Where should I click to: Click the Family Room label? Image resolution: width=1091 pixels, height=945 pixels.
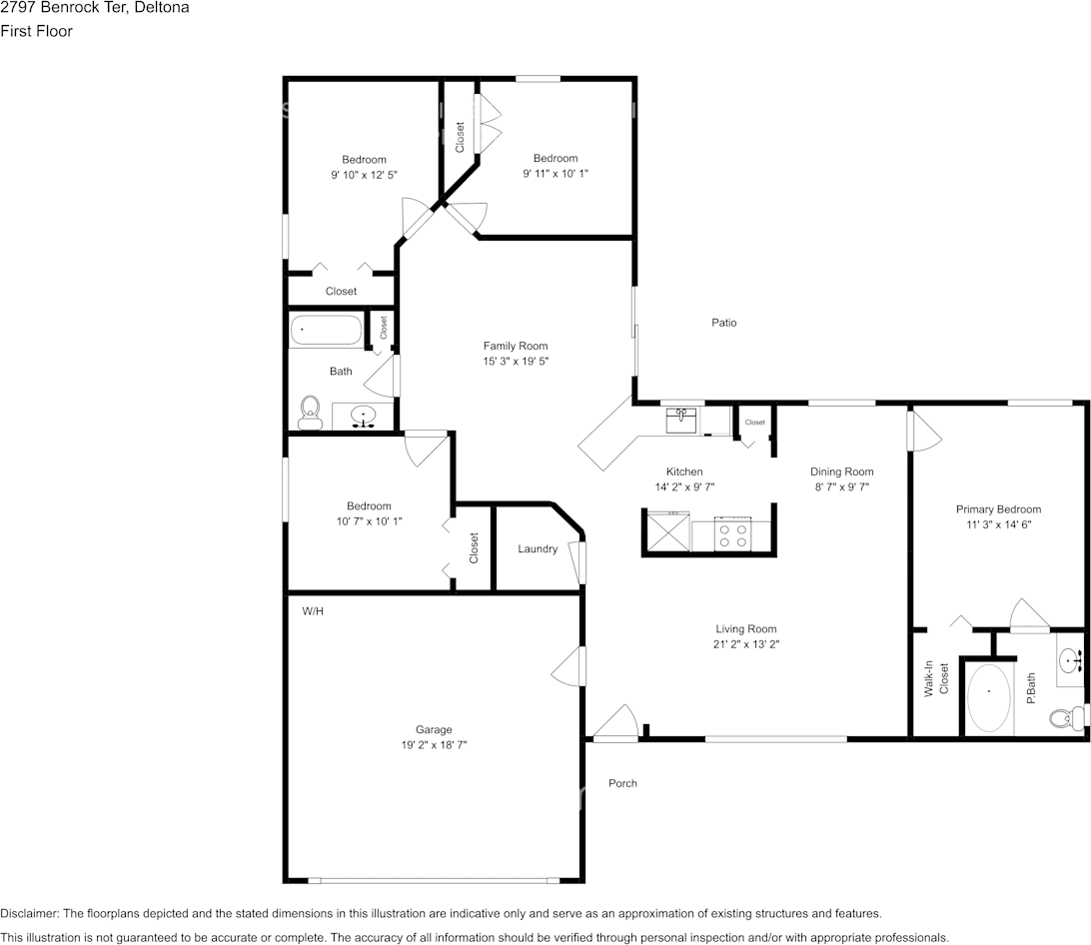(x=516, y=346)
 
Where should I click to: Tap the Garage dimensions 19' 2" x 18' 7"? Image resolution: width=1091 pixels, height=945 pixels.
(x=434, y=745)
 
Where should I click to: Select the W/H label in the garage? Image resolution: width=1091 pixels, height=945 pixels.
(x=313, y=610)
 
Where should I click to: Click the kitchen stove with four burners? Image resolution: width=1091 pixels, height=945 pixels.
(x=732, y=534)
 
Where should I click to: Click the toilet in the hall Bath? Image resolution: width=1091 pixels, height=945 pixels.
(x=310, y=413)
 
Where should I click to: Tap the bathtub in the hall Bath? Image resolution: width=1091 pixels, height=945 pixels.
(x=326, y=330)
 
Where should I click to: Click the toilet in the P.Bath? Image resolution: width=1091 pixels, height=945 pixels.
(x=1065, y=716)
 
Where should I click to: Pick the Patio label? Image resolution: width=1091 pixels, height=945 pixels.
(x=724, y=323)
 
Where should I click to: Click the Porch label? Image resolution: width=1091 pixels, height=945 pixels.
(x=622, y=783)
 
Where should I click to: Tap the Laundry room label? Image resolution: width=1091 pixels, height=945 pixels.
(x=538, y=548)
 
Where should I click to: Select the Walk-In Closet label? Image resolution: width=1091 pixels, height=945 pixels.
(x=935, y=678)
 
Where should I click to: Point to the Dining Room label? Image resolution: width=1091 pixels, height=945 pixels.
(x=841, y=472)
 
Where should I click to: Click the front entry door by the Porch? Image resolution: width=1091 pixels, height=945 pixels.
(x=615, y=724)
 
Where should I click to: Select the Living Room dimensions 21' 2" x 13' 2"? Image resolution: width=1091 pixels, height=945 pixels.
(x=745, y=644)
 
